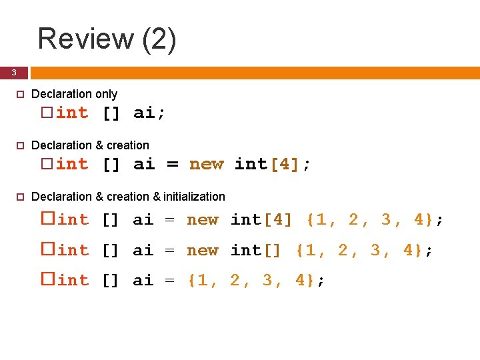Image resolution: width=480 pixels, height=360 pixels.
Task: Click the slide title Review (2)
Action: (107, 38)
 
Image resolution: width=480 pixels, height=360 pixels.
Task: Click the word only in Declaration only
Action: (105, 94)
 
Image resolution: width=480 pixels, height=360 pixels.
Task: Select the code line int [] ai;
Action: (111, 113)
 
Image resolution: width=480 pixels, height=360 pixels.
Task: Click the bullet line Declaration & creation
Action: (90, 145)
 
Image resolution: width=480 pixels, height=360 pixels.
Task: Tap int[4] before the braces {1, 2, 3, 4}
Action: (261, 219)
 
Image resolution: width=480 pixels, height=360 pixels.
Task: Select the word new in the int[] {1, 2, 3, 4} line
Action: (203, 250)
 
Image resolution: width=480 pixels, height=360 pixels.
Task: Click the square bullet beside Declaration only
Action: (19, 95)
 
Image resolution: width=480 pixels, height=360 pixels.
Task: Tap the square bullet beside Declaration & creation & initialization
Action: (19, 197)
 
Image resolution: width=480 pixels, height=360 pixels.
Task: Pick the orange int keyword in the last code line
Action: (73, 281)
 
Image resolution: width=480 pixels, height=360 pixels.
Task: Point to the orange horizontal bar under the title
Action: (253, 72)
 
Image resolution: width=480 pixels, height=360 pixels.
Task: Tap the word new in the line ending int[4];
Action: (206, 164)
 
